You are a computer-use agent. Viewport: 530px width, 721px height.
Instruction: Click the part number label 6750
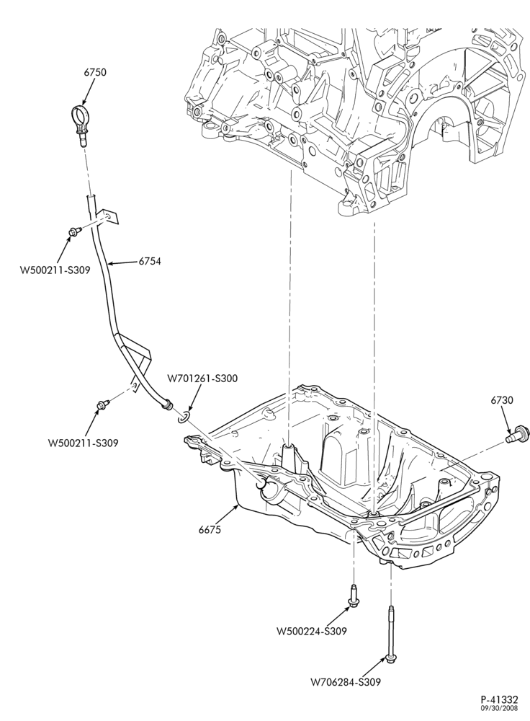[x=95, y=72]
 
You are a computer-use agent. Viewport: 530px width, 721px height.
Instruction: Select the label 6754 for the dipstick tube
[x=150, y=261]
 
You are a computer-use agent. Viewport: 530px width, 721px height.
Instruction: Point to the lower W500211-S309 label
[x=83, y=443]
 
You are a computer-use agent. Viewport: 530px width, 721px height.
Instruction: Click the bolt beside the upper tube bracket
[x=73, y=231]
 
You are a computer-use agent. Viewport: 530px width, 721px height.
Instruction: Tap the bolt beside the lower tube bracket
[x=102, y=404]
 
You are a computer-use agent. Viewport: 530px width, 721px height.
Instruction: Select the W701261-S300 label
[x=202, y=379]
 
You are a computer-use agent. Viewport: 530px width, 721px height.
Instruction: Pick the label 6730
[x=502, y=400]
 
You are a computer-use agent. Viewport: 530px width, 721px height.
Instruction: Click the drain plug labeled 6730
[x=518, y=435]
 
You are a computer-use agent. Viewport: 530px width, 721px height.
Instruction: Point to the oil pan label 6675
[x=210, y=530]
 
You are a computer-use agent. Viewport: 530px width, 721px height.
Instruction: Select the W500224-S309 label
[x=311, y=631]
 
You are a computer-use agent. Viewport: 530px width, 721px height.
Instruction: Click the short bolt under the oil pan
[x=352, y=596]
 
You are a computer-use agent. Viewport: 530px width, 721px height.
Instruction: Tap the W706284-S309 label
[x=346, y=682]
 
